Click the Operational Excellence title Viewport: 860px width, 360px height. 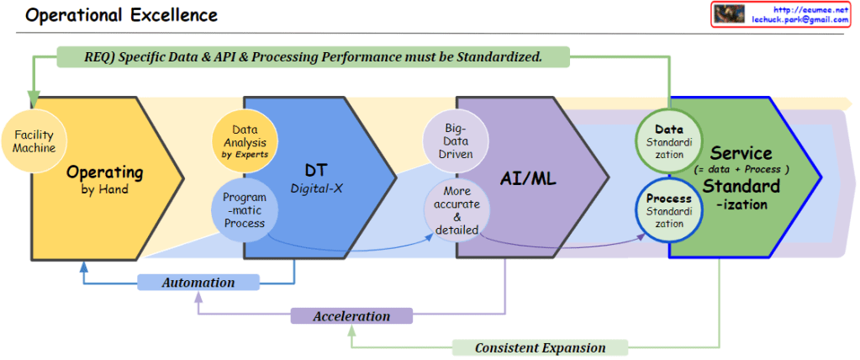[x=122, y=15]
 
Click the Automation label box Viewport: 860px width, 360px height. [x=198, y=283]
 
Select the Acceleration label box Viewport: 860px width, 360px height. [x=351, y=316]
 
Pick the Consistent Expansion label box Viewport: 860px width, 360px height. [x=540, y=347]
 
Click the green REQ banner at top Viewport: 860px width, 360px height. [x=313, y=57]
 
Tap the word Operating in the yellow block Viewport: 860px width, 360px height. [x=104, y=172]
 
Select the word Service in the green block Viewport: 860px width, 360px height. [x=741, y=153]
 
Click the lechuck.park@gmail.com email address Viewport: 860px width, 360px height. [x=800, y=19]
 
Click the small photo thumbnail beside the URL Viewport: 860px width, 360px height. [x=730, y=14]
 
